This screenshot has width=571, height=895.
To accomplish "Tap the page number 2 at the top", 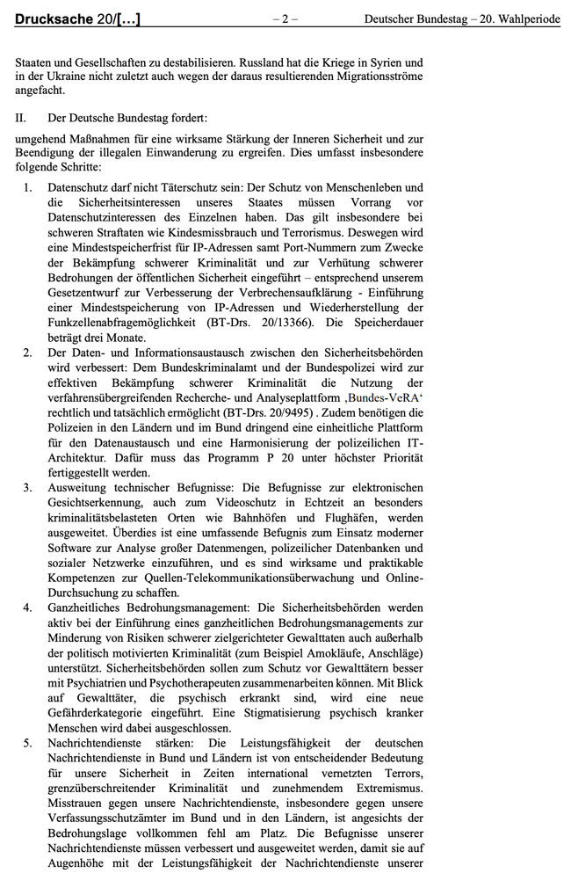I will (285, 18).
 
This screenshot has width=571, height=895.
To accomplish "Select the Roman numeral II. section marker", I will (22, 116).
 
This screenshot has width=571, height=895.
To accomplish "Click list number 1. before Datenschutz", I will (27, 187).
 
